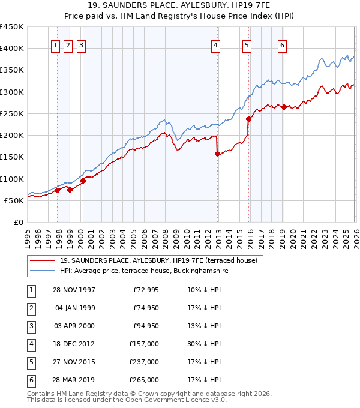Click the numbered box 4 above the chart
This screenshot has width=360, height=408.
(215, 44)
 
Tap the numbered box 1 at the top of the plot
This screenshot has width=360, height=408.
(55, 44)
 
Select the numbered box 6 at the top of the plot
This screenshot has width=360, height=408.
(282, 44)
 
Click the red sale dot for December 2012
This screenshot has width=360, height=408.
(218, 154)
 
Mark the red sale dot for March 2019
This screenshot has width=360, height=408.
(284, 107)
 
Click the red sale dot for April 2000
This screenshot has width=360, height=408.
(83, 181)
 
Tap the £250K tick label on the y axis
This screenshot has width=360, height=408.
(12, 113)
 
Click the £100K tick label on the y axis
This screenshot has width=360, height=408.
(12, 179)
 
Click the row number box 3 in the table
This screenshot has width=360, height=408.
(29, 326)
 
